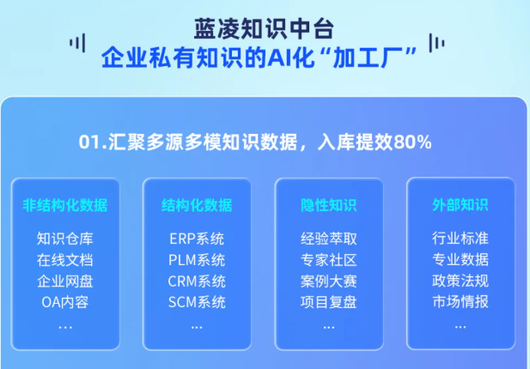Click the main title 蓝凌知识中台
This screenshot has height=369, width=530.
(264, 28)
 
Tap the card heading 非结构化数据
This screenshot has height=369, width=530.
(65, 205)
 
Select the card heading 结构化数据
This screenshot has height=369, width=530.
(197, 205)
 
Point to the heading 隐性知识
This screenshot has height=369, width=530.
(328, 205)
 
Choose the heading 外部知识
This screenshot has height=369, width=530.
(460, 205)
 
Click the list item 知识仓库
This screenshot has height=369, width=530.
(65, 239)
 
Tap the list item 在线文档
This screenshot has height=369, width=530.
(65, 260)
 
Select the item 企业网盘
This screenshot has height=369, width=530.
(65, 281)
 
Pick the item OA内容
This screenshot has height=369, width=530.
(65, 302)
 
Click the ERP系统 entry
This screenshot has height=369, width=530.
(197, 239)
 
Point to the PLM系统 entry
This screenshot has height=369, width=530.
(197, 260)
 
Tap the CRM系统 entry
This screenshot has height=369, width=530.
(197, 281)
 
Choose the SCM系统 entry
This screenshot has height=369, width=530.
(197, 302)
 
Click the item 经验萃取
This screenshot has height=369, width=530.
(328, 239)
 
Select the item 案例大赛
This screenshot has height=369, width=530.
(328, 281)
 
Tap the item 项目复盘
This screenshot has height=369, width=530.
(328, 302)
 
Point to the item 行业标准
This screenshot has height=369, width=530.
(460, 239)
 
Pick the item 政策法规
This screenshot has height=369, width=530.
(460, 281)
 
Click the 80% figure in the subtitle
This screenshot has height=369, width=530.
(412, 142)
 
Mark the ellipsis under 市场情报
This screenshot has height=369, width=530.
(460, 327)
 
